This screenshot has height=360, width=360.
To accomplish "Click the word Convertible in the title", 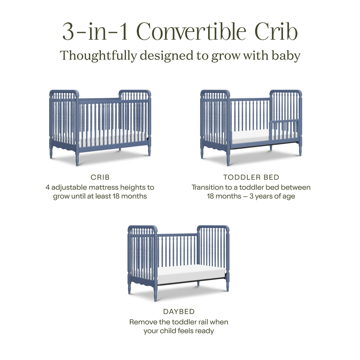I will tap(192, 32).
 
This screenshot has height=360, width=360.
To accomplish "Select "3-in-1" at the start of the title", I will tap(95, 32).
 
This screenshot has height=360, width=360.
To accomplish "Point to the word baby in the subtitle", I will tap(285, 55).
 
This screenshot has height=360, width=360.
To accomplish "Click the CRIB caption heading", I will tap(100, 178).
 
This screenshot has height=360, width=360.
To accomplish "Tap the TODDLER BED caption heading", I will tap(251, 178).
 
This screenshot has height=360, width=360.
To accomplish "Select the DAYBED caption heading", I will tap(179, 312).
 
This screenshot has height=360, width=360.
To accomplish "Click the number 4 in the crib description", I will tap(47, 187).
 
